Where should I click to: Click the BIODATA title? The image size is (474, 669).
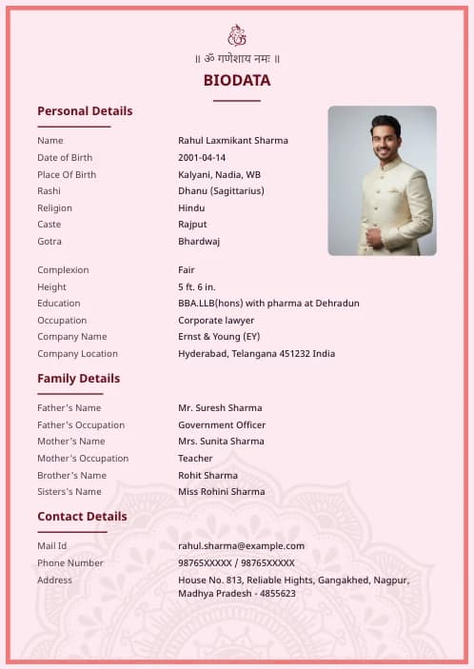coord(237,81)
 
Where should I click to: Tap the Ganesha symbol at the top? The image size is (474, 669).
coord(237,36)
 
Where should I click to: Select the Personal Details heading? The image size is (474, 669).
coord(85,111)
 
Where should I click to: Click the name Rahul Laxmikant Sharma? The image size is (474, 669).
coord(232,141)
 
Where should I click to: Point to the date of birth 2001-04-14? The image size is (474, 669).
coord(202,158)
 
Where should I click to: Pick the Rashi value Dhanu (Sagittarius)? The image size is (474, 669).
coord(221,191)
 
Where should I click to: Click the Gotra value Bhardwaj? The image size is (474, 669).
coord(199,242)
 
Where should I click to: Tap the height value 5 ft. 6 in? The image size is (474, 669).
coord(197,287)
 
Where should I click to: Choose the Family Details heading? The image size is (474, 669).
coord(78,379)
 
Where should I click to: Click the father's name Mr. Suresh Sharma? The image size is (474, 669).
coord(220,408)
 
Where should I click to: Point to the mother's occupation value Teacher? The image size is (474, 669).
coord(195,459)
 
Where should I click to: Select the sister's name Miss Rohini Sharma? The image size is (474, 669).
coord(222,492)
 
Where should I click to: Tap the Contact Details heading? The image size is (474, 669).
coord(82,517)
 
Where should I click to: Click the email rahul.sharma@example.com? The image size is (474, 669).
coord(241,546)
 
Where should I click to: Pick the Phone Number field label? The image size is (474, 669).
coord(70,563)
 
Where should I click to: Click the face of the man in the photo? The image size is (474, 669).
coord(385,139)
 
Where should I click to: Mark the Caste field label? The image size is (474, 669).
coord(49,225)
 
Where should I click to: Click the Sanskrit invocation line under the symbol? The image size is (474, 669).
coord(237,59)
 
